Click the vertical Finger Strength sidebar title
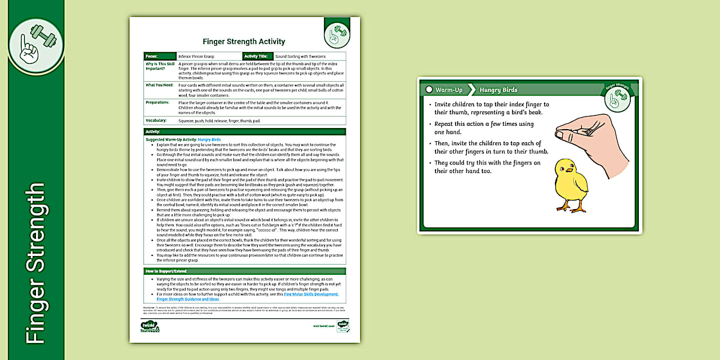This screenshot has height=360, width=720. pos(35,263)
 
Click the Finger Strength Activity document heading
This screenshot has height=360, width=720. pos(244,42)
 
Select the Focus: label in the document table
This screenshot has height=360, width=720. pos(152,57)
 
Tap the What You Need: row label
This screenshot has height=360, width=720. pos(159,85)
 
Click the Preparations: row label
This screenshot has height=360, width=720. pos(158,102)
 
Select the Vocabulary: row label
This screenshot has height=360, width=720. pos(157,121)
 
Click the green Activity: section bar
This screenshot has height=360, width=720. pos(245,132)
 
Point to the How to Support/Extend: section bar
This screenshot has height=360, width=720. pos(245,271)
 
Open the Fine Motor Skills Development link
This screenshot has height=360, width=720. pos(311,294)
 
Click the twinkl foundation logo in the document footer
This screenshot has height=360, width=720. pos(150,326)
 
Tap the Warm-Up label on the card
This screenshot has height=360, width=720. pos(449,90)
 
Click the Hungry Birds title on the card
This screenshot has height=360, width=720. pos(498,90)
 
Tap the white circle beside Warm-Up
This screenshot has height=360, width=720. pos(429,90)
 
